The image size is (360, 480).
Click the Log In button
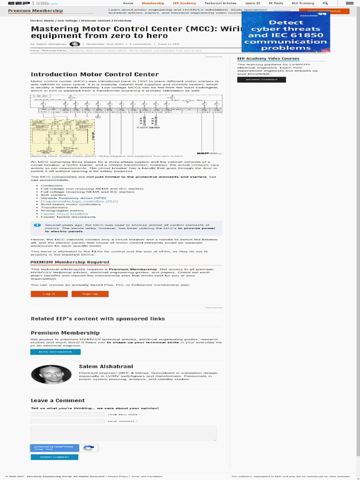pyautogui.click(x=49, y=294)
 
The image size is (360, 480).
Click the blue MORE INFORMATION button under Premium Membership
pyautogui.click(x=55, y=352)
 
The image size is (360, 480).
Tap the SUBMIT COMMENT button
pyautogui.click(x=54, y=457)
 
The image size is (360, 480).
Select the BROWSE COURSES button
pyautogui.click(x=262, y=80)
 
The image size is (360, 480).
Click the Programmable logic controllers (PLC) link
pyautogui.click(x=79, y=201)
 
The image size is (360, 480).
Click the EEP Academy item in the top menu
pyautogui.click(x=184, y=3)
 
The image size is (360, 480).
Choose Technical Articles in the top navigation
pyautogui.click(x=220, y=3)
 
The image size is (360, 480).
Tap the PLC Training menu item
pyautogui.click(x=303, y=3)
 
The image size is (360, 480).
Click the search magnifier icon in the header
pyautogui.click(x=325, y=3)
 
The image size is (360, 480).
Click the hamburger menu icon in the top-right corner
pyautogui.click(x=349, y=3)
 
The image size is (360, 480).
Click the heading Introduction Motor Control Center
pyautogui.click(x=95, y=74)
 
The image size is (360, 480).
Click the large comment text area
pyautogui.click(x=124, y=433)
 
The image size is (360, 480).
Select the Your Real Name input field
pyautogui.click(x=67, y=414)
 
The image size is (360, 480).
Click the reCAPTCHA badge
pyautogui.click(x=64, y=448)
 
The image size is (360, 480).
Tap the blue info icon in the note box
pyautogui.click(x=37, y=225)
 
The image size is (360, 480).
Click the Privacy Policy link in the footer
pyautogui.click(x=118, y=476)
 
